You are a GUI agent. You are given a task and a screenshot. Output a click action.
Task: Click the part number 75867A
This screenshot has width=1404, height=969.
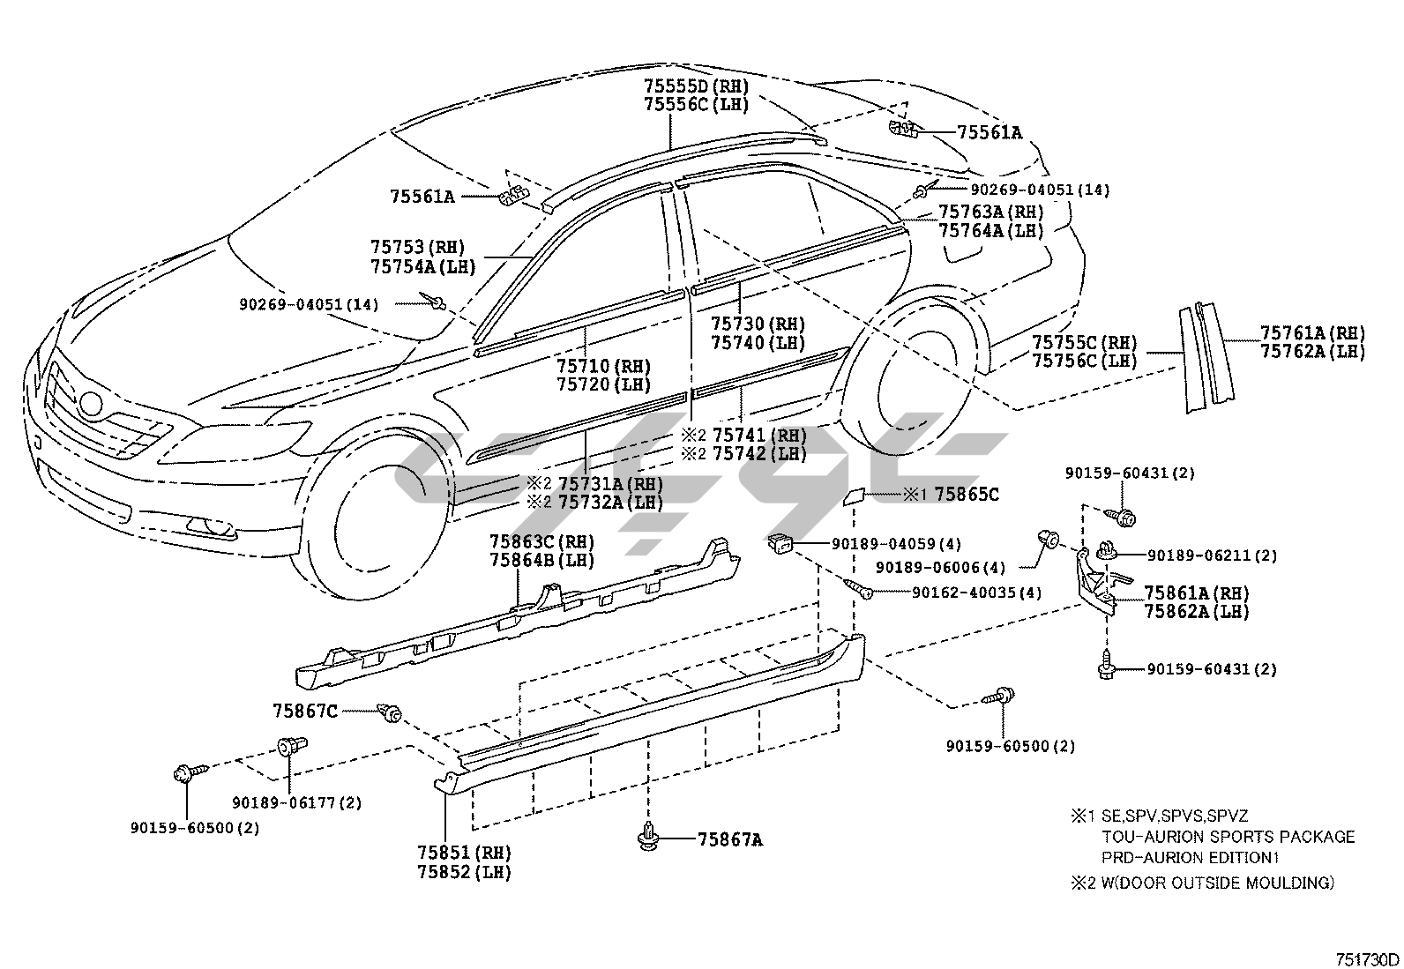click(729, 839)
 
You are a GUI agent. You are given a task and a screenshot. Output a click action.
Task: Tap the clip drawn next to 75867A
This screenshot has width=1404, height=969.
click(649, 838)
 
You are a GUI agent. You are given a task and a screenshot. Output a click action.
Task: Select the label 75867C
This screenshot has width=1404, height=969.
click(304, 710)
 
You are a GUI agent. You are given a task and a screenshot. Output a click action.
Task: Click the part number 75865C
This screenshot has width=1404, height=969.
click(967, 495)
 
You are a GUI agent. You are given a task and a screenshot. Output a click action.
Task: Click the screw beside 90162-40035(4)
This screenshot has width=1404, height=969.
click(859, 589)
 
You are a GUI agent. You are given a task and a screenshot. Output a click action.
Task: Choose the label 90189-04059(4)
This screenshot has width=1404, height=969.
click(896, 543)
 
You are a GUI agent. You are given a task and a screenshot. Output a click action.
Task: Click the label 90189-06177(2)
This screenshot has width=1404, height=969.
click(296, 802)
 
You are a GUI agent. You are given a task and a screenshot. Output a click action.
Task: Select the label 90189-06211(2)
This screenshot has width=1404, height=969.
click(1212, 555)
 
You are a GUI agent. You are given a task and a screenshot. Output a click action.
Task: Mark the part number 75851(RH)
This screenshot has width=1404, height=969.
click(464, 853)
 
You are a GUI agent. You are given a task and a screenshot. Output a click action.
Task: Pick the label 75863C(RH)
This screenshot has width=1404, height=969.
click(541, 540)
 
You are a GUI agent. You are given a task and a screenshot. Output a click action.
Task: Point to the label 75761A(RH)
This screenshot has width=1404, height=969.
click(1311, 332)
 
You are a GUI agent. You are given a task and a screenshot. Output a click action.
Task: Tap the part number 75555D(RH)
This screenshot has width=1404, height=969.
click(696, 86)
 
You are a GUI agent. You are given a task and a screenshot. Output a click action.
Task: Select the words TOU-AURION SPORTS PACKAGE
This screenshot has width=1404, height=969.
click(1228, 837)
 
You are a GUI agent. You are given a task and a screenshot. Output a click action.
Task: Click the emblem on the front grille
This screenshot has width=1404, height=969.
click(89, 405)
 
